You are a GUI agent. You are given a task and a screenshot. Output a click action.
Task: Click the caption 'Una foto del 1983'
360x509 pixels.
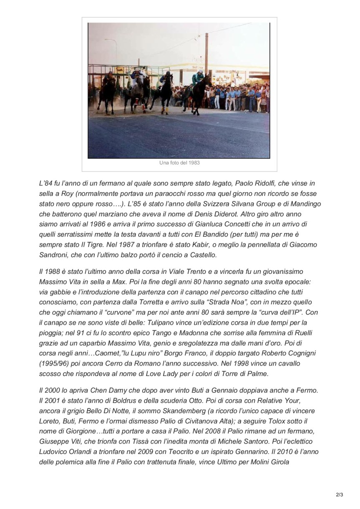[x=179, y=163]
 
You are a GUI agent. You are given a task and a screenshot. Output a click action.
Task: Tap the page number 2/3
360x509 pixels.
[x=339, y=495]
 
